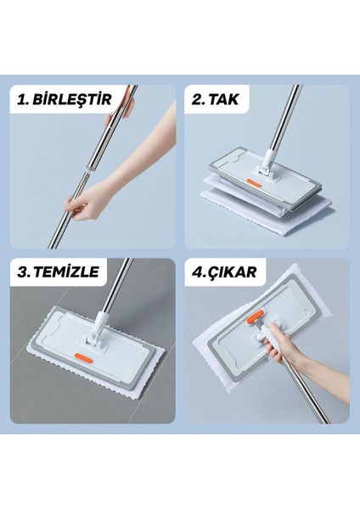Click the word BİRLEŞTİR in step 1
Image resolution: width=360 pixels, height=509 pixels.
72,99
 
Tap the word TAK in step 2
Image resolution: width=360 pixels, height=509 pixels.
223,99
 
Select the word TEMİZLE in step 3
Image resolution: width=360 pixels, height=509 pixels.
66,271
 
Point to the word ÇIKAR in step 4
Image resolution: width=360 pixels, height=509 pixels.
232,272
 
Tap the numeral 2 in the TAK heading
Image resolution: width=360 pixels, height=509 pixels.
197,99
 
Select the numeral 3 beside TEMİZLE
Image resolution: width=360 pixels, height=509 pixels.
24,272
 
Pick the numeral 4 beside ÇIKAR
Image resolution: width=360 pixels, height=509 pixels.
198,272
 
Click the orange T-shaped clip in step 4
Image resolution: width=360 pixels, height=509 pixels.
256,317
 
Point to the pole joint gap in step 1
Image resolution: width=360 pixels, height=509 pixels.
87,171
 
